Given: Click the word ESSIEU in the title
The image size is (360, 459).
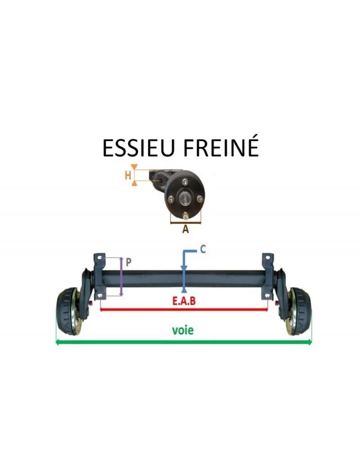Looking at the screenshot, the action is click(138, 148).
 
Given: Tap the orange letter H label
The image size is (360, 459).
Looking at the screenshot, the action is click(127, 176).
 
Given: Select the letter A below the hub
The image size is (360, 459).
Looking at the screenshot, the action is click(185, 229).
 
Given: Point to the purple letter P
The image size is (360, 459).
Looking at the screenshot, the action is click(128, 263).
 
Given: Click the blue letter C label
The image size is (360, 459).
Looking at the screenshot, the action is click(203, 250).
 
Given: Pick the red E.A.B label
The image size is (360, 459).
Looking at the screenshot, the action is click(184, 301).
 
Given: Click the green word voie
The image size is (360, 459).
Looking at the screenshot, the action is click(183, 330).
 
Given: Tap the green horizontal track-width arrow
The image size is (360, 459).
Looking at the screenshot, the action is click(184, 341).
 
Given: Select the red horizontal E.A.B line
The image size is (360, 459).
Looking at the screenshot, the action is click(184, 309).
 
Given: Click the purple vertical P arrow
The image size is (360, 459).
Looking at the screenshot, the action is click(121, 277).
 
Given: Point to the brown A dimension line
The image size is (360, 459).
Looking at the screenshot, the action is click(185, 223).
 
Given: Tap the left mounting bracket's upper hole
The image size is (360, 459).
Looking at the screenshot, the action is click(99, 258).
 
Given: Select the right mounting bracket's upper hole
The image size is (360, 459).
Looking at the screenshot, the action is click(268, 258).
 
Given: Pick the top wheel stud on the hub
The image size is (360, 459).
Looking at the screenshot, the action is click(184, 182).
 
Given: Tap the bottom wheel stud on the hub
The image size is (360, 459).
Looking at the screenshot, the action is click(185, 217).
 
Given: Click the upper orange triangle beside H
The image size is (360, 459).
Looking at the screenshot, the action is click(134, 167).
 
